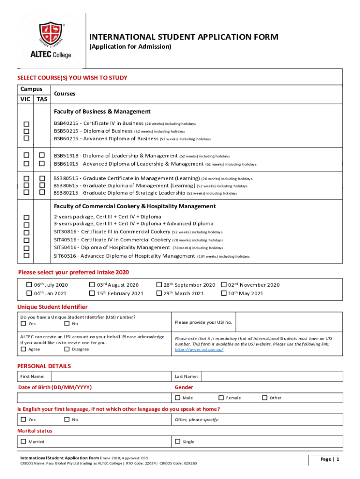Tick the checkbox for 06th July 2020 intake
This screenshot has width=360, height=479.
coord(29,284)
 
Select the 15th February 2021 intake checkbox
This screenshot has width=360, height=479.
coord(92,293)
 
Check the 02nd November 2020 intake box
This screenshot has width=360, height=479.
coord(223,284)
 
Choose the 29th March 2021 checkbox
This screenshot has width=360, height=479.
coord(159,293)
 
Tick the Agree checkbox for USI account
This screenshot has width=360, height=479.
coord(23,349)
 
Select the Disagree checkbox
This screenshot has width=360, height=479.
coord(67,349)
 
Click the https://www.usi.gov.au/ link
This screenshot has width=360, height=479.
coord(199,349)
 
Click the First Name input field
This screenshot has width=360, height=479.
coord(110,376)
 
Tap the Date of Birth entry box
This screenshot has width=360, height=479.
coord(94,398)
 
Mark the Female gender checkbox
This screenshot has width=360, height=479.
coord(221,398)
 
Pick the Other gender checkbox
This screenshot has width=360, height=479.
coord(265,398)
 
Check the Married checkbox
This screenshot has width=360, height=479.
coord(23,441)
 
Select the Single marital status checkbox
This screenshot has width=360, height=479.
coord(178,441)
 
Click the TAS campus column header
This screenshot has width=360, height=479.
coord(42,99)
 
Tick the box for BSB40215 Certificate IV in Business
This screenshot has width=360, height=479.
coord(27,123)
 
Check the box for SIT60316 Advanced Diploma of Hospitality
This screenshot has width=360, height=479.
coord(27,256)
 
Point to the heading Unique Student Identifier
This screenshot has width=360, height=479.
coord(52,307)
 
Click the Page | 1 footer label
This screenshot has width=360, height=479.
coord(330,459)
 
